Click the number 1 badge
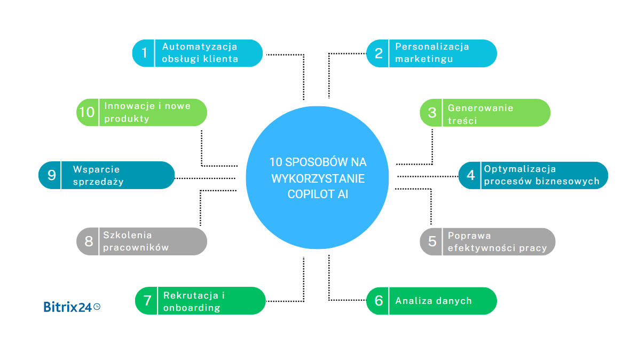pos(144,53)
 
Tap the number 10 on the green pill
pos(86,112)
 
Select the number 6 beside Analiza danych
pos(379,301)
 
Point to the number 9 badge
pos(52,175)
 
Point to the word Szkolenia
pos(128,235)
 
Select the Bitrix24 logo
pos(68,307)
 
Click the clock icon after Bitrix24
pos(97,307)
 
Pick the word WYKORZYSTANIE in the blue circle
pos(318,178)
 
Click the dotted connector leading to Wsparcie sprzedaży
pos(205,178)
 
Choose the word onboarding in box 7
pos(192,308)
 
